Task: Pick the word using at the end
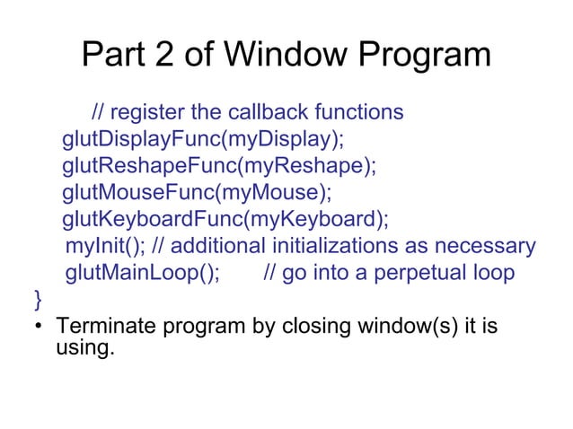pyautogui.click(x=84, y=346)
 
